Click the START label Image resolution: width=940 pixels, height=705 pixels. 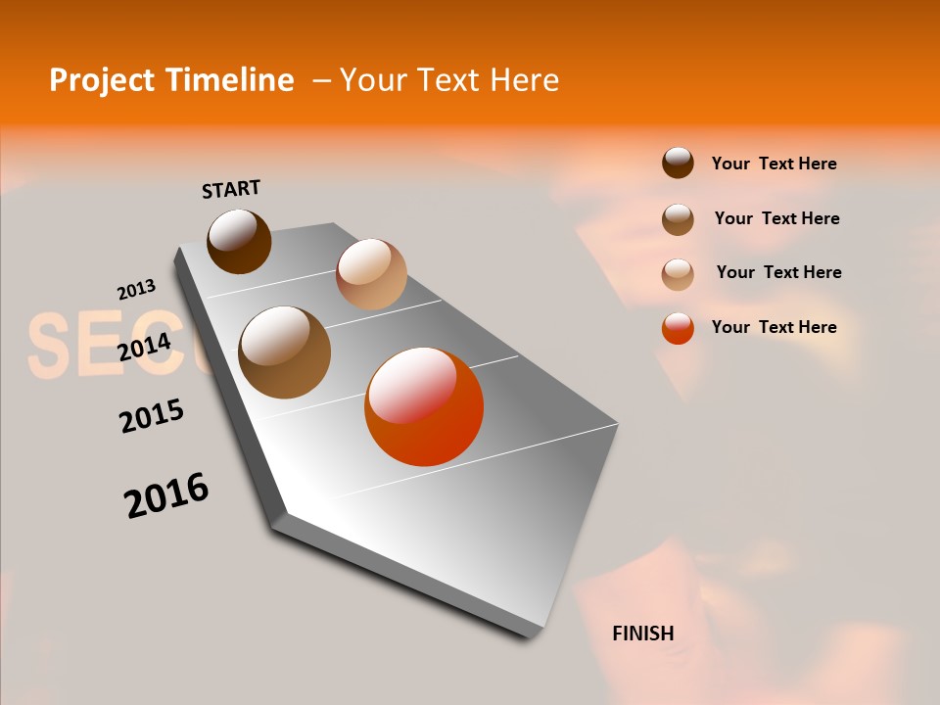[231, 189]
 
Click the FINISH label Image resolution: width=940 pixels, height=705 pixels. [643, 634]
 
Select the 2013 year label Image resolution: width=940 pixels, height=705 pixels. [136, 290]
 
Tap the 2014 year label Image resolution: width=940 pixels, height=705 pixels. [145, 347]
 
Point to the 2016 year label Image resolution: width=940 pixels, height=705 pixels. [166, 494]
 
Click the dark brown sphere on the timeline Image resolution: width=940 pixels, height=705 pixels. [239, 241]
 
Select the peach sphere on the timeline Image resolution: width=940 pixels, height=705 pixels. [371, 274]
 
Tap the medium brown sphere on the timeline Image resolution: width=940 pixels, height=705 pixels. [285, 352]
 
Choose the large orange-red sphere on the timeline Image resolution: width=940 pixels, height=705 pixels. [424, 406]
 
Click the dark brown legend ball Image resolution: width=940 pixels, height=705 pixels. [678, 164]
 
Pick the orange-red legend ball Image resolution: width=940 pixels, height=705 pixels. [678, 328]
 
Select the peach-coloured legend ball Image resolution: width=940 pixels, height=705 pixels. [678, 273]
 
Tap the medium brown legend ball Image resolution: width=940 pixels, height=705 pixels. [678, 218]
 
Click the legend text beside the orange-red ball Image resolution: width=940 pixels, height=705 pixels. [775, 327]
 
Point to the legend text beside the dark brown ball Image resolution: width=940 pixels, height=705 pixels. [775, 164]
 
